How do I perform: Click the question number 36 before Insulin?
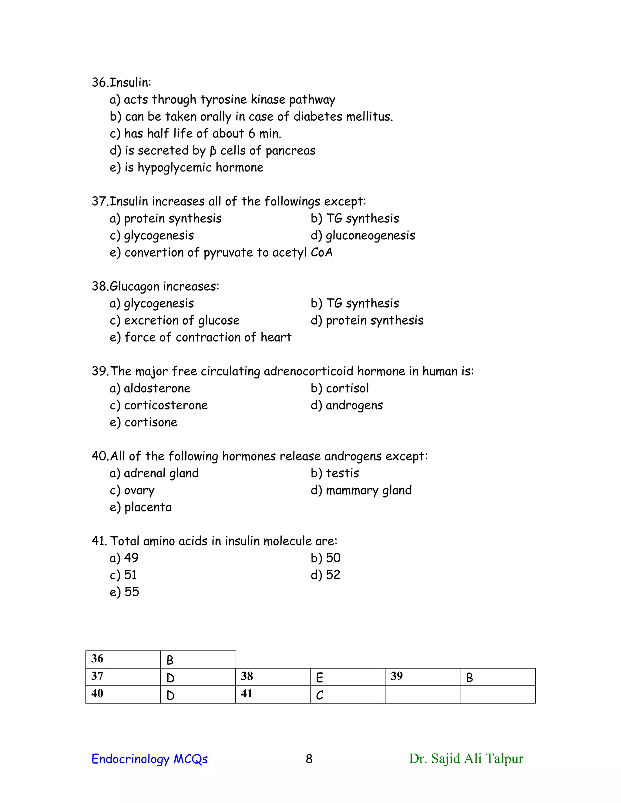(99, 82)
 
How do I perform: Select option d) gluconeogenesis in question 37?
(362, 235)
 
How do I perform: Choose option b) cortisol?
(339, 388)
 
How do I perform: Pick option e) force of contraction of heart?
(200, 337)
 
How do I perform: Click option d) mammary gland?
(361, 490)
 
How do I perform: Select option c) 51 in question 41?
(123, 575)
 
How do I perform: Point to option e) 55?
(124, 592)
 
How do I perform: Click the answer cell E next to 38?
(347, 677)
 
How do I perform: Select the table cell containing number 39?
(422, 677)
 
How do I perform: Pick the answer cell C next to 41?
(347, 695)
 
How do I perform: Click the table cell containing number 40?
(123, 695)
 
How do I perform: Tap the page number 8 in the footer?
(309, 759)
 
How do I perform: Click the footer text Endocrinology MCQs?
(149, 759)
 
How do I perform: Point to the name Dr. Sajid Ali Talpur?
(466, 758)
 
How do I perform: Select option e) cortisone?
(143, 422)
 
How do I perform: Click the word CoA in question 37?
(321, 253)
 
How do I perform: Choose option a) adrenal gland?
(154, 473)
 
